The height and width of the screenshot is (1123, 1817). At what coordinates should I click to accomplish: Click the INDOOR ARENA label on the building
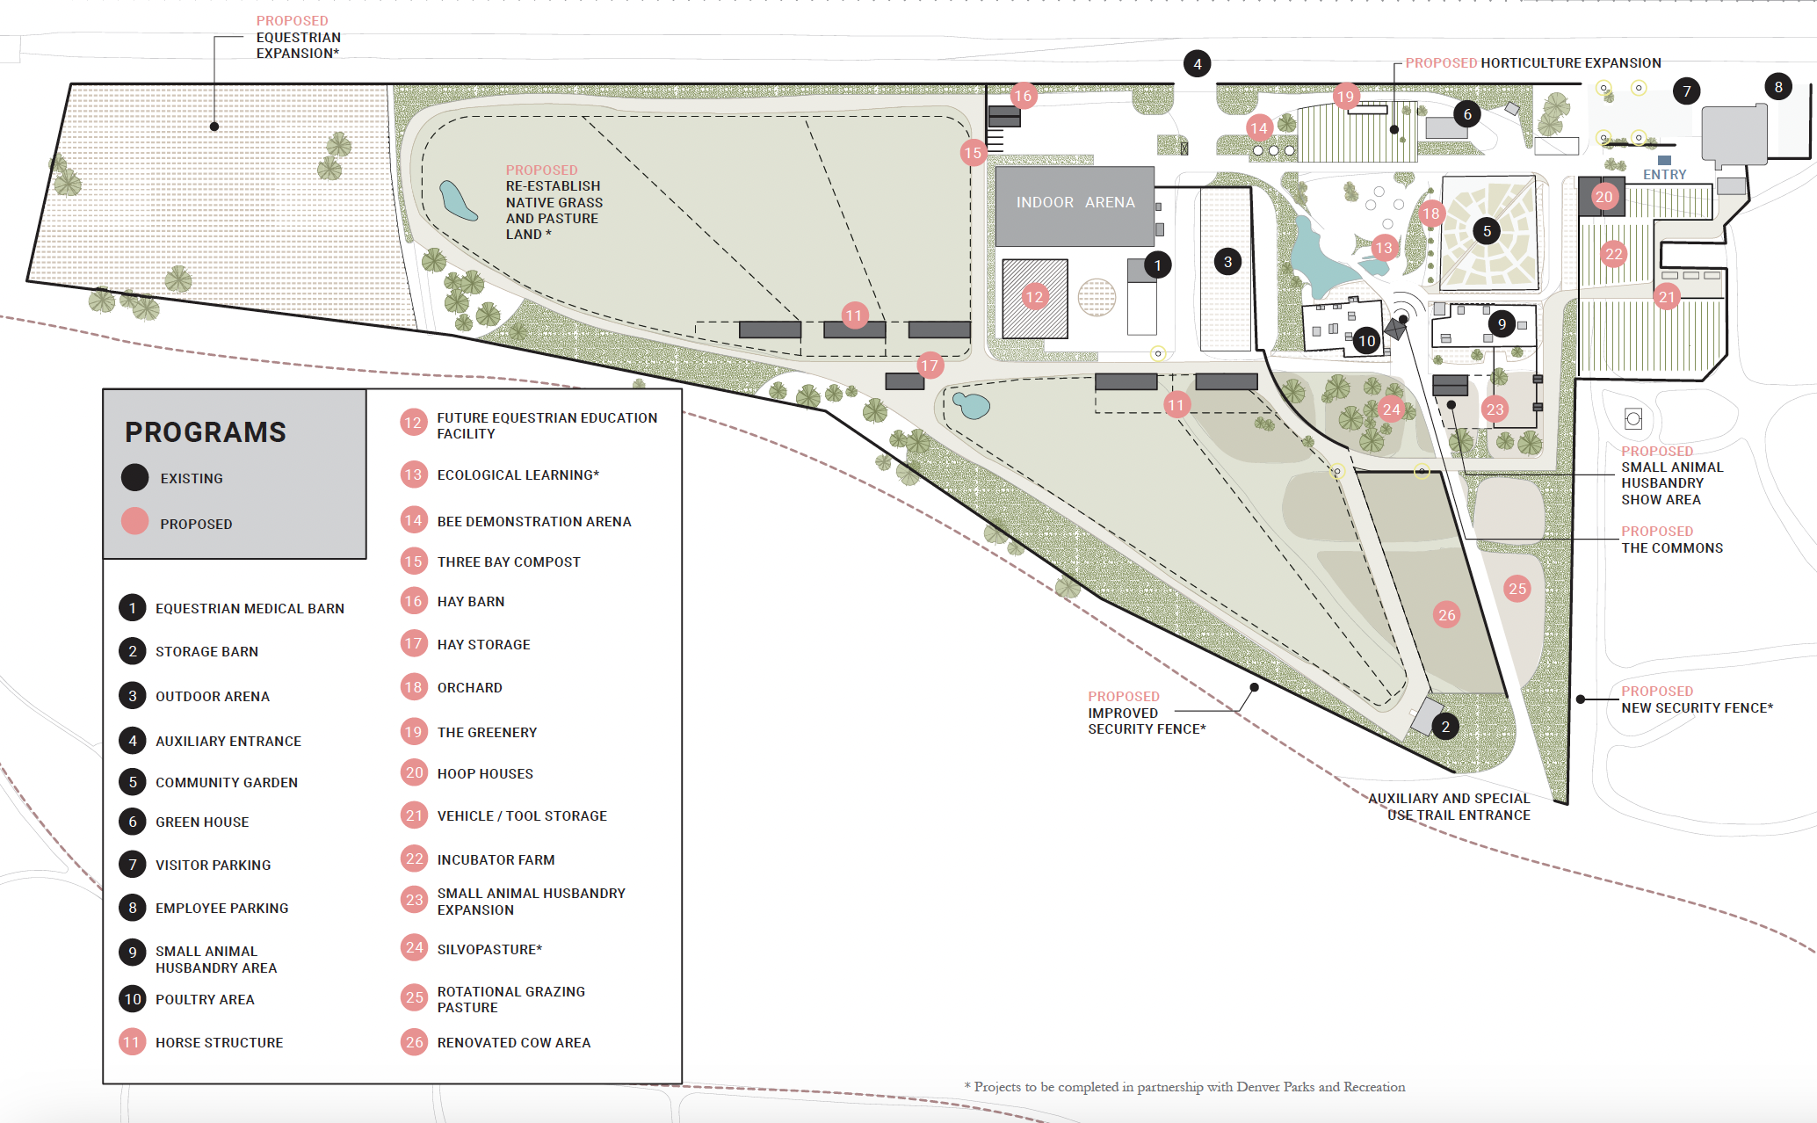[x=1075, y=202]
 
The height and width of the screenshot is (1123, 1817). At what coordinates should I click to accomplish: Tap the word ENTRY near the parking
[x=1664, y=175]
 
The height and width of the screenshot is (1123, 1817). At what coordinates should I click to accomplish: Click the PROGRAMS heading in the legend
[x=206, y=432]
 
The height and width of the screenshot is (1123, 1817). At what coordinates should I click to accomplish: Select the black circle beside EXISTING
[x=134, y=477]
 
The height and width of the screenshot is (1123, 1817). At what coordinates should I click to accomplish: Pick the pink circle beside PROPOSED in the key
[x=134, y=522]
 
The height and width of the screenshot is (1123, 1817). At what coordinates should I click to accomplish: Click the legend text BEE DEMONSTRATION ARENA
[x=533, y=521]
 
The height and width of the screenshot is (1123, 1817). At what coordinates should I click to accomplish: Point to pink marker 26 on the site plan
[x=1446, y=615]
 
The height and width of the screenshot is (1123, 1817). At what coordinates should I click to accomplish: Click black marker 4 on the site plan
[x=1197, y=63]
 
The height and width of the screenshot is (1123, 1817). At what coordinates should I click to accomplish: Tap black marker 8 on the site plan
[x=1777, y=87]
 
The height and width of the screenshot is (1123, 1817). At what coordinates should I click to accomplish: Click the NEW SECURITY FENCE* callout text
[x=1697, y=707]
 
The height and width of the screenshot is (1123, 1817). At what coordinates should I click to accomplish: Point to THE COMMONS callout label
[x=1671, y=547]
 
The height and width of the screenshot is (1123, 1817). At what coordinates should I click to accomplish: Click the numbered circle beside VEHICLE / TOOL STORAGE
[x=414, y=815]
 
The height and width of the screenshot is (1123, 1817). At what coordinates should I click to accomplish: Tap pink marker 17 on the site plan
[x=929, y=365]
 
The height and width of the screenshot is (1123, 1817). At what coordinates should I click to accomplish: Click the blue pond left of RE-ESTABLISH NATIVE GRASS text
[x=457, y=201]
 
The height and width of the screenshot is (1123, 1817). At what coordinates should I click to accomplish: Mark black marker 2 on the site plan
[x=1445, y=727]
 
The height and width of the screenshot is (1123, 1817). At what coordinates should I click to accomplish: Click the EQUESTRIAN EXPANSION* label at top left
[x=298, y=45]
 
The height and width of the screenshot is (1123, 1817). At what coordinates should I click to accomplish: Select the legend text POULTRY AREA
[x=205, y=999]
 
